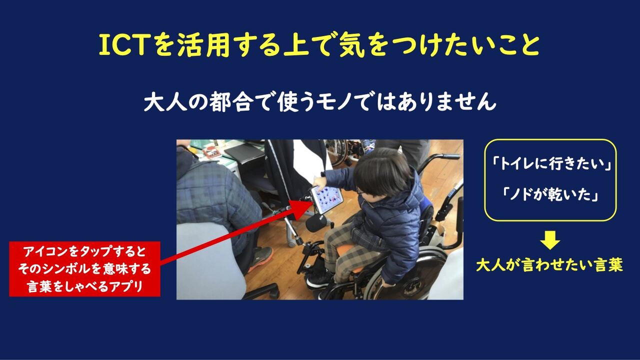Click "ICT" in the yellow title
pyautogui.click(x=125, y=45)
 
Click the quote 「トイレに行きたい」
pyautogui.click(x=550, y=164)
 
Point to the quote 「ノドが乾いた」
pyautogui.click(x=550, y=195)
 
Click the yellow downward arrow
pyautogui.click(x=550, y=239)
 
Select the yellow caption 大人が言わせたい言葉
pyautogui.click(x=549, y=265)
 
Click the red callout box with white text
pyautogui.click(x=84, y=269)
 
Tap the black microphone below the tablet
pyautogui.click(x=315, y=222)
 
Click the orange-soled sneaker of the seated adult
pyautogui.click(x=260, y=258)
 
